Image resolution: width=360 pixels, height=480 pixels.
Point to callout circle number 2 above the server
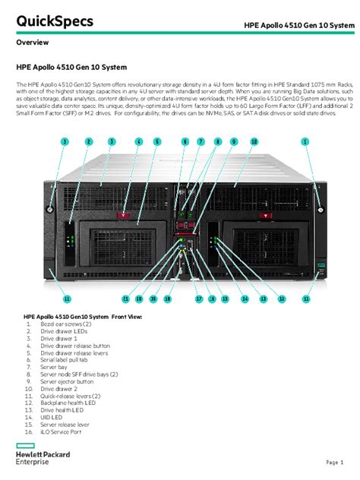tap(88, 141)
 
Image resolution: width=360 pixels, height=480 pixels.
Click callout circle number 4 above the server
tap(139, 141)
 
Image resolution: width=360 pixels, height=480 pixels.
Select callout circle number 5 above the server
tap(157, 141)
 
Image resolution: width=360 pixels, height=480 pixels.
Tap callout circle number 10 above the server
tap(254, 141)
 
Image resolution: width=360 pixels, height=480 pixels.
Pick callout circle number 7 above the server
tap(201, 141)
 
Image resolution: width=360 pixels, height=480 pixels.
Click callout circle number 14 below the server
tap(245, 299)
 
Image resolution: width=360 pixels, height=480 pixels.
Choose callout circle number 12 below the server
tap(281, 299)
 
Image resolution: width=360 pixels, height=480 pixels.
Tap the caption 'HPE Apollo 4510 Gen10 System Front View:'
tap(82, 317)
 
